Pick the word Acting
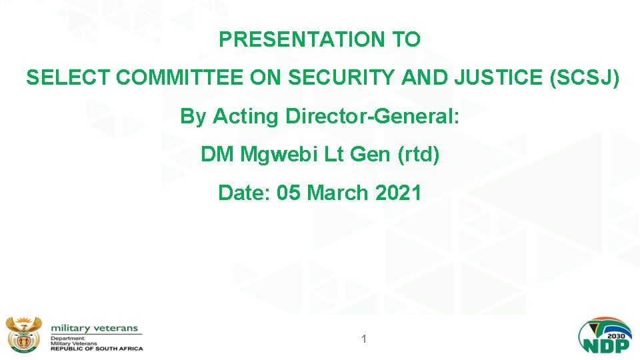click(247, 117)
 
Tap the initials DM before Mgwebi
click(217, 155)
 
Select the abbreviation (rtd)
click(418, 155)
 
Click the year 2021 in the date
click(398, 193)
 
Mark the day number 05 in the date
click(288, 193)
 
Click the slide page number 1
click(364, 339)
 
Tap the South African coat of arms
click(24, 334)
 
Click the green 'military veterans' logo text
click(95, 328)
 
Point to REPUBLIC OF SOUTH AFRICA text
click(97, 349)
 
